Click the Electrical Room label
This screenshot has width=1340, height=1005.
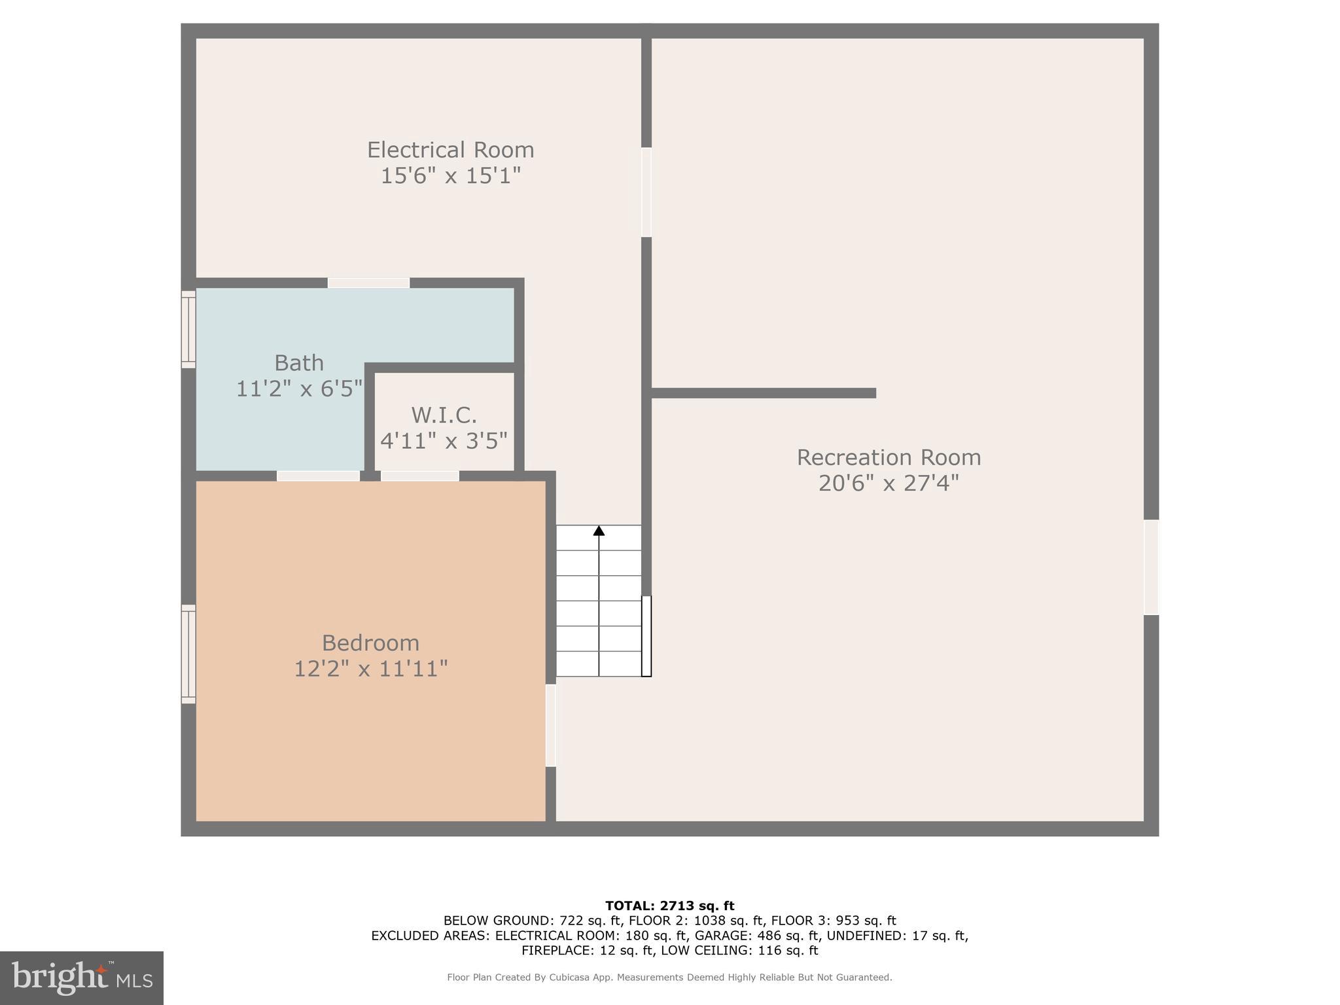(x=450, y=150)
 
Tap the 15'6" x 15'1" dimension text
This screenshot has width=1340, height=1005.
(x=450, y=176)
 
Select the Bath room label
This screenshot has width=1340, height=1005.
(x=299, y=362)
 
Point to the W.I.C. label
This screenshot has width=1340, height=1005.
(x=444, y=415)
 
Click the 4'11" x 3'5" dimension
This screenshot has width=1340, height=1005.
(x=444, y=441)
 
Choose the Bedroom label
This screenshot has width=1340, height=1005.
(x=370, y=643)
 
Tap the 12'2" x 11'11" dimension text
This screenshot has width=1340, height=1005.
(x=370, y=669)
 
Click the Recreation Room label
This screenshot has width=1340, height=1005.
(x=889, y=457)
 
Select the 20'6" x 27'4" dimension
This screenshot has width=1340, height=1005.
(x=889, y=484)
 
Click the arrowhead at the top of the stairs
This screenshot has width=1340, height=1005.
(x=599, y=531)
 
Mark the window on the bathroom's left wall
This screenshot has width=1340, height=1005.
(x=188, y=328)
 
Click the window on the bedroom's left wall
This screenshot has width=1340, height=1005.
(x=188, y=654)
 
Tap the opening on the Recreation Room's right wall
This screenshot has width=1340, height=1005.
(x=1151, y=567)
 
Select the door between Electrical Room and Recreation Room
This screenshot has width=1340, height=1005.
(x=646, y=192)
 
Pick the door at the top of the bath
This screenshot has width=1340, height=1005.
(x=368, y=283)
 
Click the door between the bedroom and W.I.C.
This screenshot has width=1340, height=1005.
(x=419, y=476)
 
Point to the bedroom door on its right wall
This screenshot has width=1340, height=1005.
(x=551, y=725)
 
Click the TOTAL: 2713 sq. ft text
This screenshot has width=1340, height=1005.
(x=669, y=906)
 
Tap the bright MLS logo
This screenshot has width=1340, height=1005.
(x=82, y=978)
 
